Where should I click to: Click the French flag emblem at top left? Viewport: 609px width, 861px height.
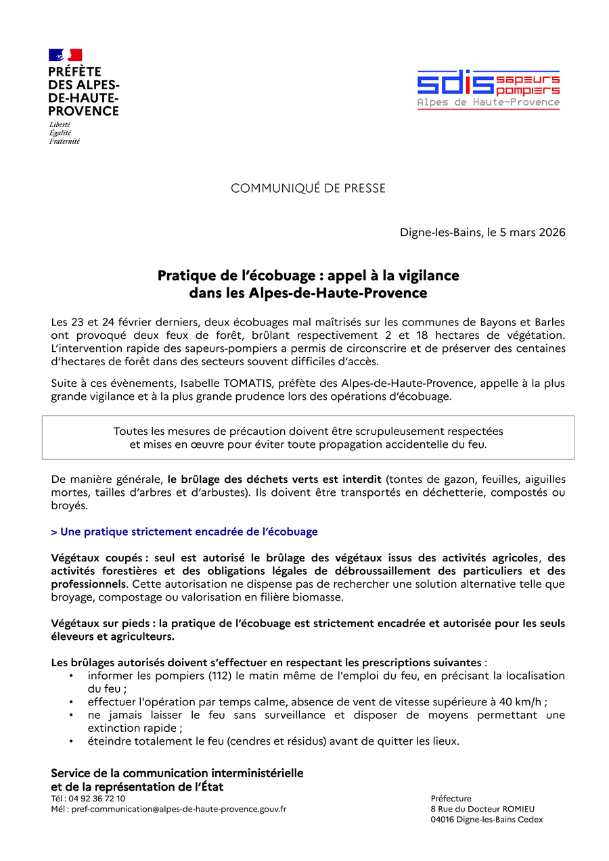coord(65,55)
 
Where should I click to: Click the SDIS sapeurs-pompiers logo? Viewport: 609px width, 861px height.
coord(488,89)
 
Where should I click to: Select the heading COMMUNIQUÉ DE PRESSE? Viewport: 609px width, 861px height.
coord(308,188)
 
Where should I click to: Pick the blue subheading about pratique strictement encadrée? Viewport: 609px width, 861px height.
coord(184,532)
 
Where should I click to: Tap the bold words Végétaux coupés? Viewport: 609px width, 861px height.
coord(97,558)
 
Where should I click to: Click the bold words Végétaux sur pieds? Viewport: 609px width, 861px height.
coord(103,623)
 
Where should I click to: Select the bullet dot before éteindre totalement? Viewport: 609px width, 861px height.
coord(72,741)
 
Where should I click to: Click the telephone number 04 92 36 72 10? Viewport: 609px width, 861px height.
coord(97,799)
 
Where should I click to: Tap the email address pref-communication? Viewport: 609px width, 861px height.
coord(179,809)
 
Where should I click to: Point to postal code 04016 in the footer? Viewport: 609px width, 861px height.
coord(444,820)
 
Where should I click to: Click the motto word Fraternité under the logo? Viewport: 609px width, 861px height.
coord(64,141)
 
